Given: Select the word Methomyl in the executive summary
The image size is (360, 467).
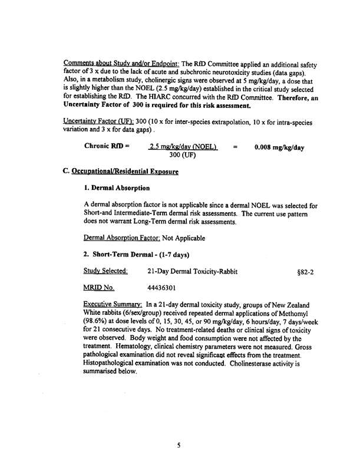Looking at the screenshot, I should [x=298, y=313].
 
